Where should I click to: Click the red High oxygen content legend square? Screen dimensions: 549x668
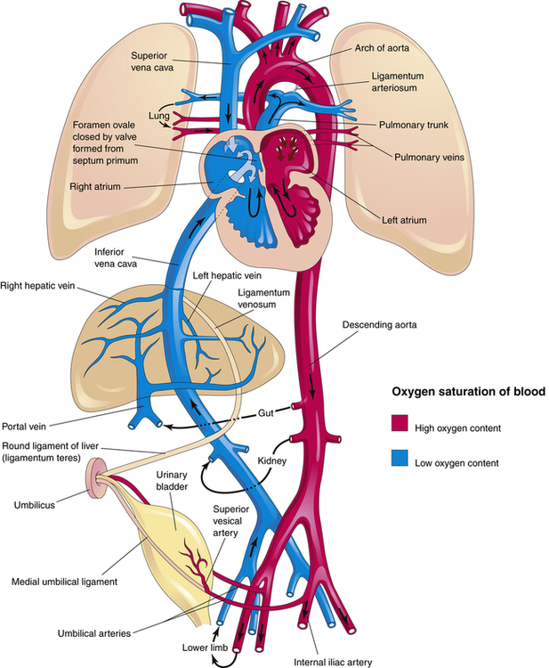[400, 423]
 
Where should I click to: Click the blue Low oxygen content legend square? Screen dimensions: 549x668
[400, 459]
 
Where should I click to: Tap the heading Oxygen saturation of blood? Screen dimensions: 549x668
[468, 392]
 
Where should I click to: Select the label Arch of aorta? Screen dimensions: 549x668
[382, 48]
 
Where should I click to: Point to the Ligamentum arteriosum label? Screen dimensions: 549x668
[398, 82]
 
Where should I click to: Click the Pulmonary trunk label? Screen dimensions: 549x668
[413, 126]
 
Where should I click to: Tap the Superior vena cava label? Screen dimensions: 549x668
[152, 61]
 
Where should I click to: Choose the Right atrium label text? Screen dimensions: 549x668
[95, 187]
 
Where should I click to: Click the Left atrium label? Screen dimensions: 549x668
[404, 220]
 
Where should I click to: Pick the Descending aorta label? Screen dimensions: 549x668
[380, 324]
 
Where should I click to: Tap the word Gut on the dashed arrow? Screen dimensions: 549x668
[265, 413]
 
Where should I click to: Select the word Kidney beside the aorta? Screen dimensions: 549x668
[272, 461]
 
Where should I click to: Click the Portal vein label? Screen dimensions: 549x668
[24, 426]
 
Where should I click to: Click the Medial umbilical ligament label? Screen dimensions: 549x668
[64, 582]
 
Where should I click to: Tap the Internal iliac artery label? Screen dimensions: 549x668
[333, 662]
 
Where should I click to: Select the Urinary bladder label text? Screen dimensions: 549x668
[172, 480]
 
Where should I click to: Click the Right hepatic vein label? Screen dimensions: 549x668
[37, 285]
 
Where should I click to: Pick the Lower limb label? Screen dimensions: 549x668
[206, 648]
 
